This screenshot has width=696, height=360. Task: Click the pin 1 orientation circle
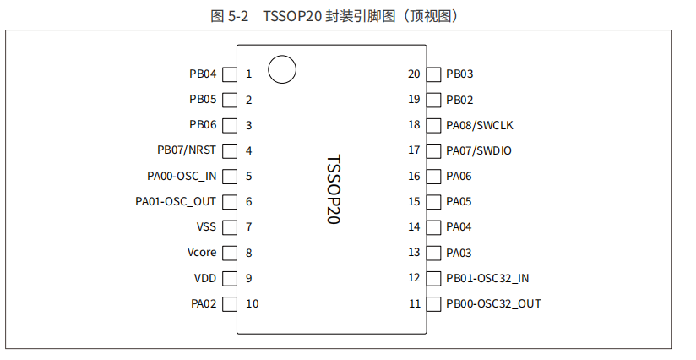[282, 69]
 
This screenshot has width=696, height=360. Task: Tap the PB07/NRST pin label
[187, 150]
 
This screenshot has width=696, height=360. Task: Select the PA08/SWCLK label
[479, 125]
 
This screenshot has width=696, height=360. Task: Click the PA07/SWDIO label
[479, 150]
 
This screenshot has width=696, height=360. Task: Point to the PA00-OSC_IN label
[182, 176]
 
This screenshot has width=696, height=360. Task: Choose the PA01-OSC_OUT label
[176, 201]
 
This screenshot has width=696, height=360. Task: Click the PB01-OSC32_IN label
[487, 277]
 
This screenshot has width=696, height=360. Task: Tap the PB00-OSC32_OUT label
[493, 303]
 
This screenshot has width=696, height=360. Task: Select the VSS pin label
[206, 226]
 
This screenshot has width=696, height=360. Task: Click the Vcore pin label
[202, 252]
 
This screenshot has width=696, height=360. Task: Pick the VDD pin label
[205, 277]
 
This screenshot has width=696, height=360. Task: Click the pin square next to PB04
[229, 74]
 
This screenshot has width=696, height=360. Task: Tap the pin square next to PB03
[433, 74]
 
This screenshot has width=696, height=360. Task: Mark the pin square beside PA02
[229, 303]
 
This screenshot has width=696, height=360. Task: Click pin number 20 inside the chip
[414, 74]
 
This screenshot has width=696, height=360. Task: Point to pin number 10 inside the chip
[252, 303]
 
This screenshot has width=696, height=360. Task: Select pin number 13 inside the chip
[414, 252]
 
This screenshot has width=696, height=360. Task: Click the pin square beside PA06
[433, 176]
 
